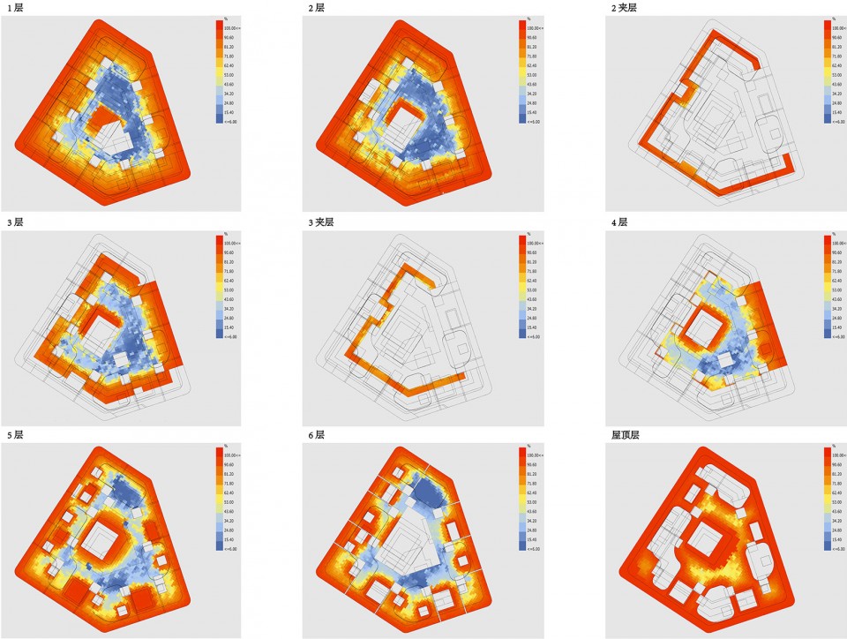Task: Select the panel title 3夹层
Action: pos(321,222)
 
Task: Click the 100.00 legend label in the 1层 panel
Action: pos(232,28)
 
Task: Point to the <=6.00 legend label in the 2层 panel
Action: pos(534,121)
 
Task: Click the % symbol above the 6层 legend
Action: pos(527,446)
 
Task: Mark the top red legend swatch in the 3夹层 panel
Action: pos(522,242)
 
